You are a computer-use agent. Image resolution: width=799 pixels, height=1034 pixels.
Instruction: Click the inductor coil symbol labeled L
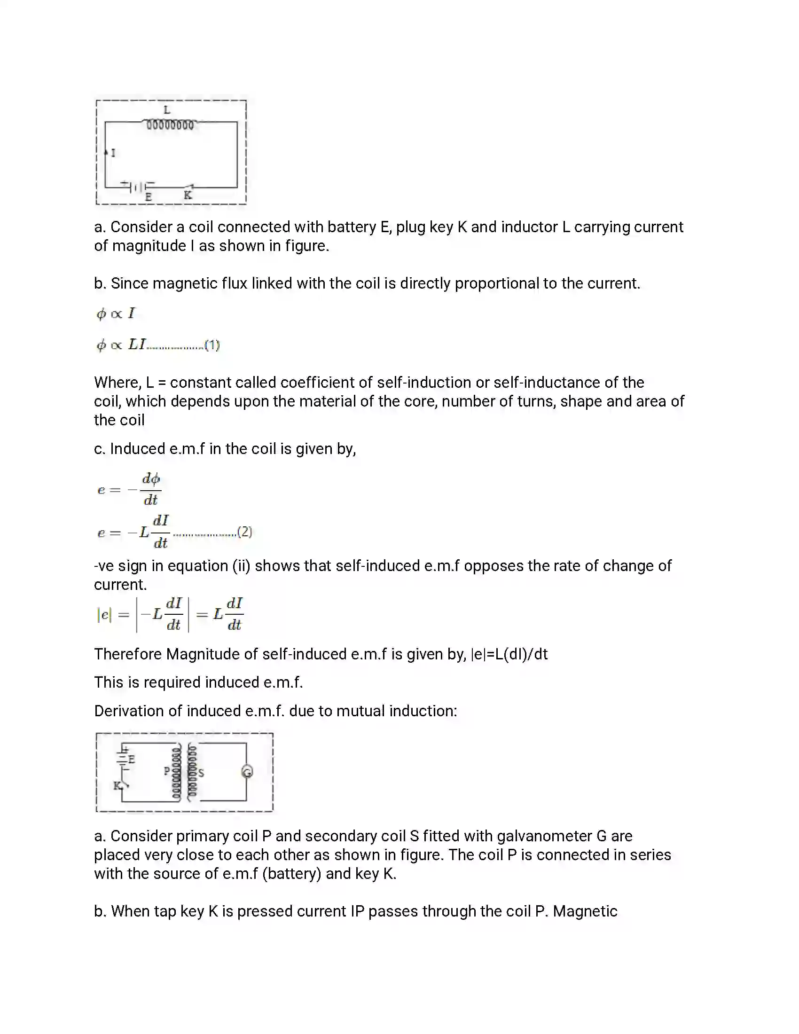click(170, 125)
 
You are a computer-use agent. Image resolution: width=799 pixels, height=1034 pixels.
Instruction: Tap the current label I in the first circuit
click(113, 153)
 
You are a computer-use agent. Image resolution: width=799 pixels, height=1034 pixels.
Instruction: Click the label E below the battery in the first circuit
click(148, 197)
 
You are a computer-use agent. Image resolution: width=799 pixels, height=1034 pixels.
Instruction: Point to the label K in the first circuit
click(188, 195)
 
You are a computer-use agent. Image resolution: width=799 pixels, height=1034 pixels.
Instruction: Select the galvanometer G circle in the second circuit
click(247, 772)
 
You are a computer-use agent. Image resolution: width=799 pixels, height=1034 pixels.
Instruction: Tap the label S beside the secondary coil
click(201, 773)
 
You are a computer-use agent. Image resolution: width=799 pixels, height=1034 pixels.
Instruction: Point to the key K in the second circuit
click(118, 786)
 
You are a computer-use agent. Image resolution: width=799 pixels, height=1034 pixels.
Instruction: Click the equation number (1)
click(212, 345)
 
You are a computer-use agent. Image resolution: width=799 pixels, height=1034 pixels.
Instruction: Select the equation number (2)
click(245, 532)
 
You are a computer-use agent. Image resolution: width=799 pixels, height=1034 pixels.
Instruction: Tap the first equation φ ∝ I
click(116, 313)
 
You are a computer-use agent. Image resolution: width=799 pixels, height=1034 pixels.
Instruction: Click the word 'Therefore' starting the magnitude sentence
click(128, 654)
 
